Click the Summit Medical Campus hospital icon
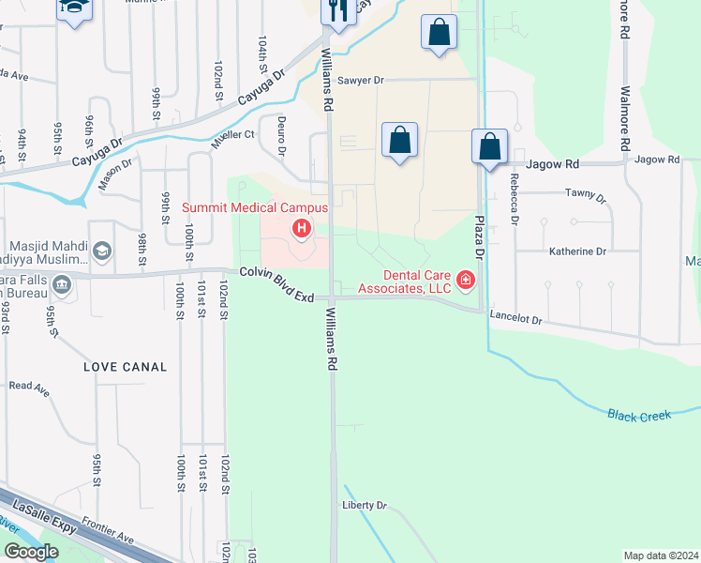tap(302, 228)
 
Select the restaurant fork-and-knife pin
tap(337, 10)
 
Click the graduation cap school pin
tap(72, 8)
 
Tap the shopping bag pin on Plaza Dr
tap(489, 146)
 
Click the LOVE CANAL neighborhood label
tap(125, 367)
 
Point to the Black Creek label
tap(639, 414)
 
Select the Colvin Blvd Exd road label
tap(276, 282)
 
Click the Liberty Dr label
tap(365, 506)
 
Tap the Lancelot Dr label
tap(515, 320)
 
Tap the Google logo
tap(31, 552)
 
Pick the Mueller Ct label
tap(235, 135)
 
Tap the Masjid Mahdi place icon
tap(101, 251)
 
